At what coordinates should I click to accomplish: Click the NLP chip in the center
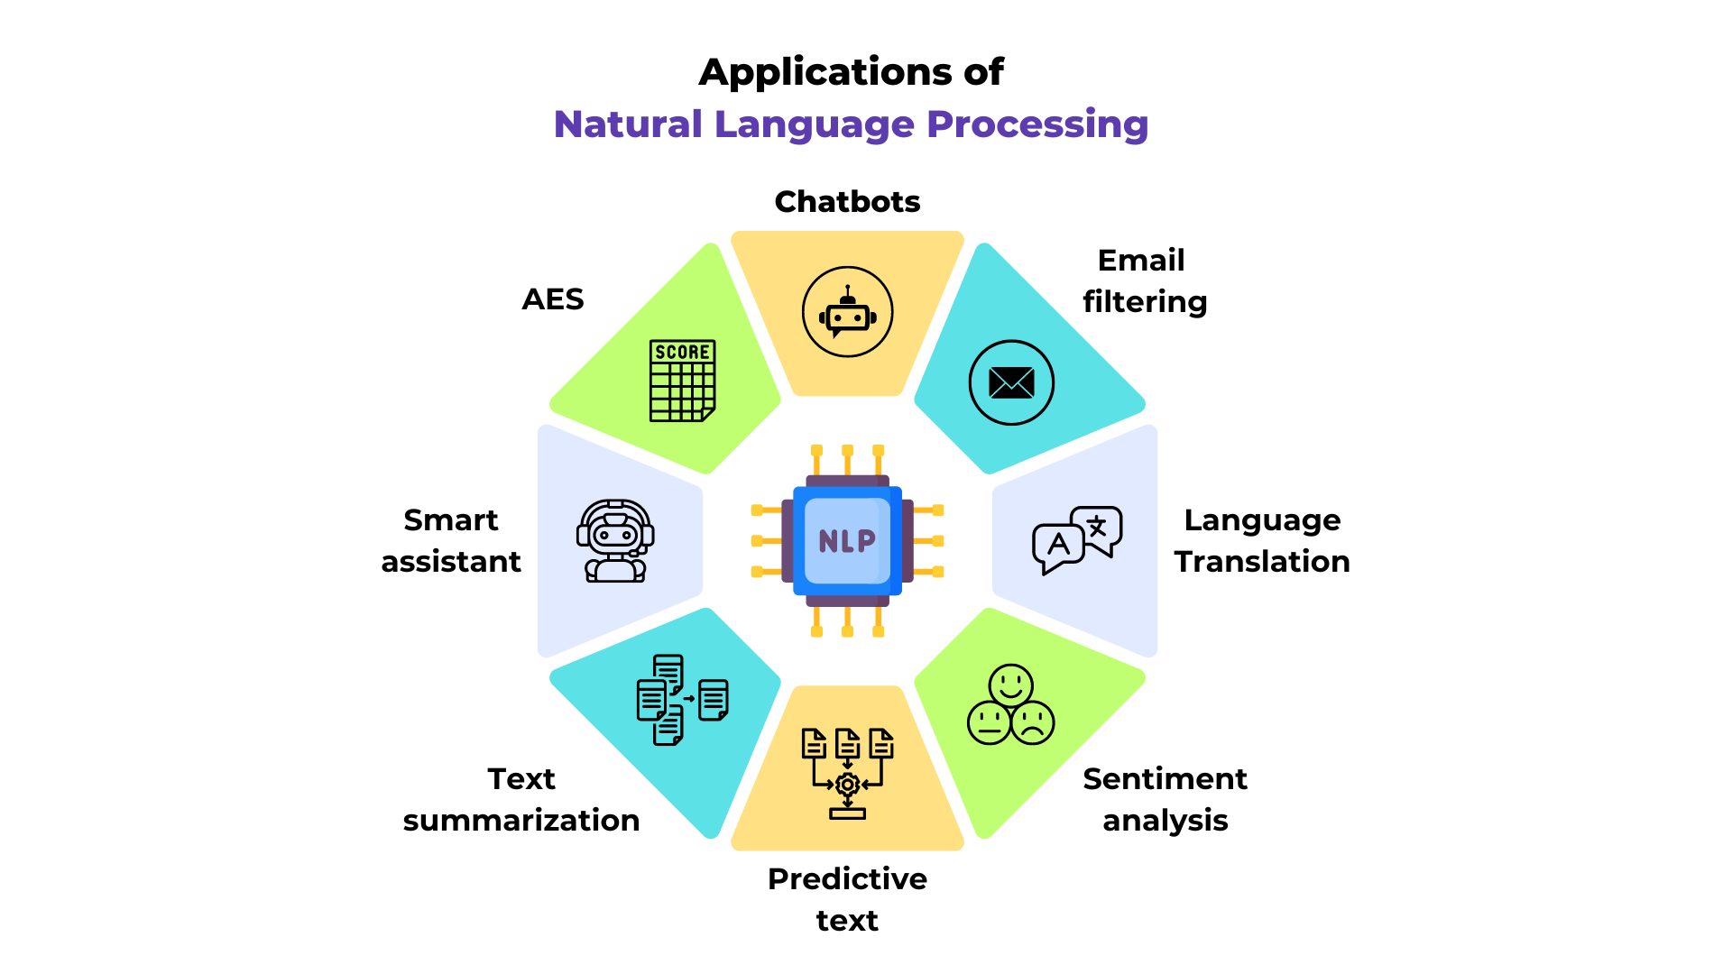(847, 541)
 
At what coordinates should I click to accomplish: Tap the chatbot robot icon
(847, 312)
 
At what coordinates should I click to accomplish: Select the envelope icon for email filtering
(1011, 382)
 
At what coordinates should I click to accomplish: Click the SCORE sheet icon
(682, 381)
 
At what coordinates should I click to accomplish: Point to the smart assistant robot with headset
(615, 541)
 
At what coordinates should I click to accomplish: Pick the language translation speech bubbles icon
(1077, 539)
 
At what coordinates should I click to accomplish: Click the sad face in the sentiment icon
(1033, 722)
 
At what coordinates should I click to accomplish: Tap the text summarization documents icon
(681, 700)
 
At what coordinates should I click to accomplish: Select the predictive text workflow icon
(847, 773)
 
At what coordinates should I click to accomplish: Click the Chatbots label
(847, 201)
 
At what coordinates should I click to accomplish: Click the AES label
(553, 299)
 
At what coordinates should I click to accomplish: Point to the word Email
(1141, 260)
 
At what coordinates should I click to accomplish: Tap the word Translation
(1262, 561)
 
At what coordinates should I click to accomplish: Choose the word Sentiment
(1165, 778)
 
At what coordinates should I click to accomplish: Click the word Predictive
(847, 878)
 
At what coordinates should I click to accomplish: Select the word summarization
(521, 820)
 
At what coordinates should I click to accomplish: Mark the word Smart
(451, 519)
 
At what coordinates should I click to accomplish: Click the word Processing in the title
(1037, 124)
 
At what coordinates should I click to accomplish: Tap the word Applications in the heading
(825, 72)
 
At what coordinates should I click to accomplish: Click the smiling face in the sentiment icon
(1010, 685)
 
